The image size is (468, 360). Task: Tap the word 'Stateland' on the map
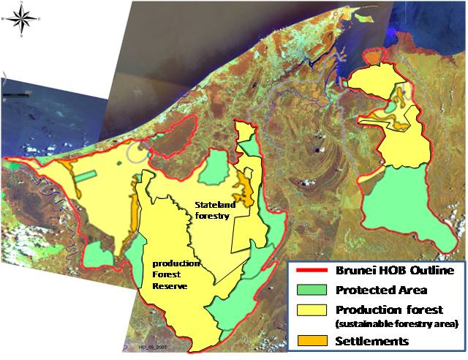pos(212,206)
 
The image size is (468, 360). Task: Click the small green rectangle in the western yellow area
pos(86,176)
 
